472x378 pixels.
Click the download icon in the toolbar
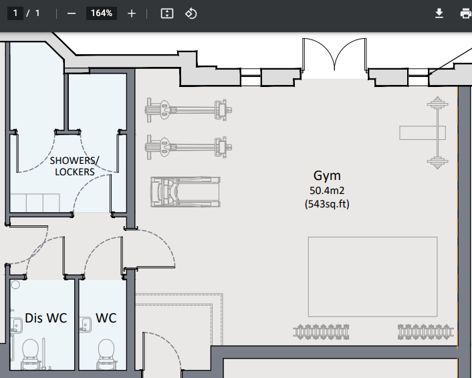coord(439,13)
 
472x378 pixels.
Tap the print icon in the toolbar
coord(465,13)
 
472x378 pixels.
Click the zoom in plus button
coord(132,13)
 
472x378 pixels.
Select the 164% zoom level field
coord(101,13)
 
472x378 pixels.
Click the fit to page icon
coord(167,13)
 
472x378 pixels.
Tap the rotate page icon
coord(191,13)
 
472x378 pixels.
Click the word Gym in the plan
coord(327,176)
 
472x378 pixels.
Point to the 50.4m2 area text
coord(327,191)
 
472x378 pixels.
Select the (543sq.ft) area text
coord(327,203)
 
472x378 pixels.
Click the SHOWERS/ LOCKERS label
coord(74,166)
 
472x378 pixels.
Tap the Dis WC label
coord(46,318)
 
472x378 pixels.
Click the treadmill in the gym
coord(185,192)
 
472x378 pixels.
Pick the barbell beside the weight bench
coord(437,132)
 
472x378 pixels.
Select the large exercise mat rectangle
coord(372,277)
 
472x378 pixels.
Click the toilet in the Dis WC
coord(30,351)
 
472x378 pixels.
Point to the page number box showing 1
coord(15,13)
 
